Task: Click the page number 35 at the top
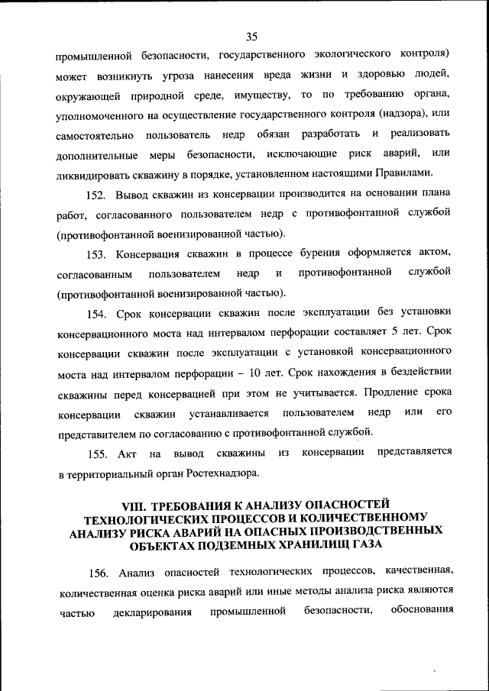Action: pos(254,35)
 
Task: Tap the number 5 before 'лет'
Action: pos(395,333)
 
